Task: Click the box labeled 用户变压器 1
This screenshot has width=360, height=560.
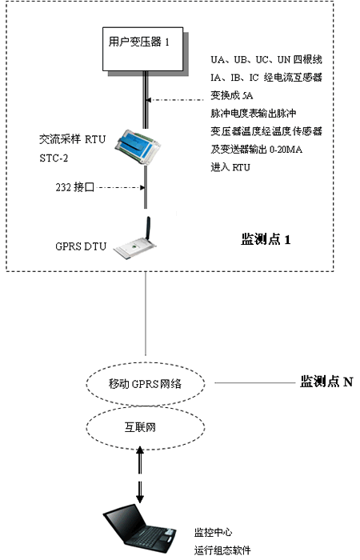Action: [x=143, y=49]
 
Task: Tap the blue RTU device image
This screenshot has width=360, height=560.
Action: [x=138, y=146]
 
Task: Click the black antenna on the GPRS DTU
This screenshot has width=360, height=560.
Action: [x=148, y=228]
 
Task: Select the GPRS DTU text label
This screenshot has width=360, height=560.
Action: [x=81, y=246]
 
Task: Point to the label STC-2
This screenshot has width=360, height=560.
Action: [x=54, y=158]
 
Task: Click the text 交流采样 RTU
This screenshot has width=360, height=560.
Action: [x=72, y=139]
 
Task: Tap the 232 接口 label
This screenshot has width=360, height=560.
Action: [x=74, y=186]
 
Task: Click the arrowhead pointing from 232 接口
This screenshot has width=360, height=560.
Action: [x=142, y=187]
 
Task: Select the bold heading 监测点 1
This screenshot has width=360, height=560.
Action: [x=266, y=239]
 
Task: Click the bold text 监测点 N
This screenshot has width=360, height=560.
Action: [x=326, y=382]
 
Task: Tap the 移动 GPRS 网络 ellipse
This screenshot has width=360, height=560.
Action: [x=146, y=384]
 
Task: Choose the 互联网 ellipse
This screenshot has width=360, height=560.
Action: [x=146, y=427]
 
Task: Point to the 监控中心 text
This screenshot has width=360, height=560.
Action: [x=214, y=533]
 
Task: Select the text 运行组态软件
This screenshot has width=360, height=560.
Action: [x=222, y=550]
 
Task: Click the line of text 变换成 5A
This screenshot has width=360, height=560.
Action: [x=232, y=95]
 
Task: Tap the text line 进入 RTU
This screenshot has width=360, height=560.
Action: [x=230, y=167]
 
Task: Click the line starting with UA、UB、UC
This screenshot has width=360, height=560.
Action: [x=266, y=60]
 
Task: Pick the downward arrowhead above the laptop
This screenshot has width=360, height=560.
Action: [x=140, y=498]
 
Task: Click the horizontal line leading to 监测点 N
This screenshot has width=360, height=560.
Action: [x=255, y=383]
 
